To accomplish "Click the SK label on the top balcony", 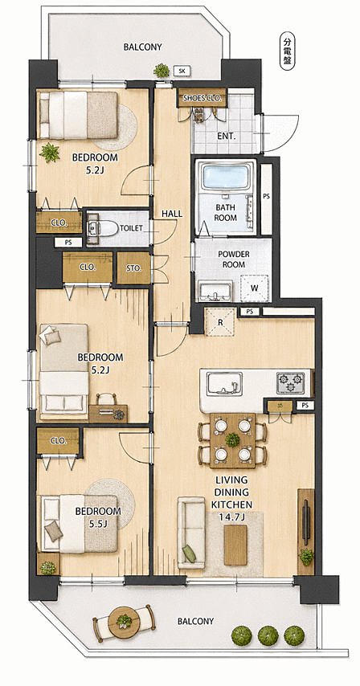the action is tap(182, 70).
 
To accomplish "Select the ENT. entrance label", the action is tap(227, 136).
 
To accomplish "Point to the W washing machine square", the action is tap(254, 288).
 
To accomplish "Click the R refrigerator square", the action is tap(220, 322).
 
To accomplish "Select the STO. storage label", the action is tap(134, 268).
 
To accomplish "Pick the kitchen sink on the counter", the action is tap(225, 384).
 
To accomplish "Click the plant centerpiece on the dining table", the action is tap(232, 439).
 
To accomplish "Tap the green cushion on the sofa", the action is tap(189, 554).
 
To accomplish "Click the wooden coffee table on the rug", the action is tap(235, 545).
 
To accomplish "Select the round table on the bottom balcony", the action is tap(124, 620).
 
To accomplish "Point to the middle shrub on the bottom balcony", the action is tap(268, 635).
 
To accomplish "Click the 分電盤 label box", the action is tap(287, 52).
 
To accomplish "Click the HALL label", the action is tap(172, 214).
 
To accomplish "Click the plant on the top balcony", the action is tap(162, 70).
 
